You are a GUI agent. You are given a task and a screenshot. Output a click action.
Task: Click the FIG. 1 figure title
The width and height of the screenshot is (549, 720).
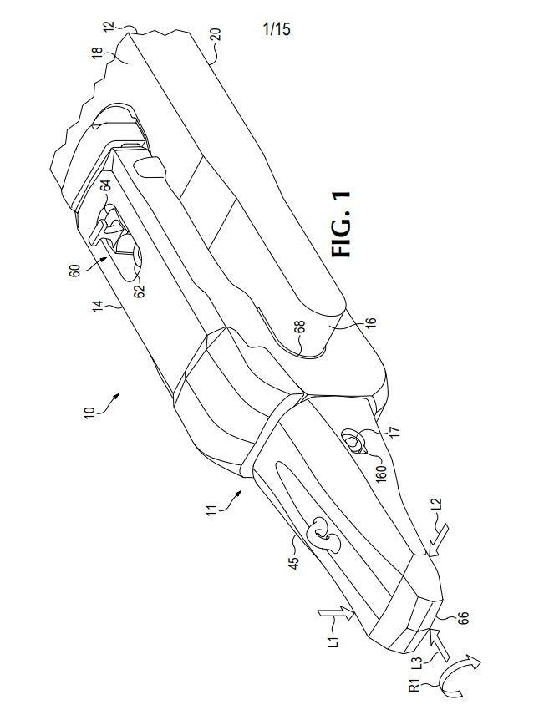(342, 224)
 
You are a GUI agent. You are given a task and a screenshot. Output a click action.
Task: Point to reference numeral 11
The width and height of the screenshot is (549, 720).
(211, 510)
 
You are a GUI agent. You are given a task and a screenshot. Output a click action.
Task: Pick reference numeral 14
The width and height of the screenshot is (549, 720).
(97, 307)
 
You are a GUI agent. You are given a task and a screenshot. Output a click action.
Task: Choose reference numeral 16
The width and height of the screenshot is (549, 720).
(372, 322)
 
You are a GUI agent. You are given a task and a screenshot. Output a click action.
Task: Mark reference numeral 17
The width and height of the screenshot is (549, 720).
(395, 432)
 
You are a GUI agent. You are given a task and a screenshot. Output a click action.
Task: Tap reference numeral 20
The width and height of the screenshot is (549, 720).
(215, 35)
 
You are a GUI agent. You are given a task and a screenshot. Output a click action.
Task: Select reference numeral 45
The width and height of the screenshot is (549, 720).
(293, 562)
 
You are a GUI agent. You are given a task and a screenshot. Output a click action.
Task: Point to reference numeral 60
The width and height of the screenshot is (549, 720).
(74, 270)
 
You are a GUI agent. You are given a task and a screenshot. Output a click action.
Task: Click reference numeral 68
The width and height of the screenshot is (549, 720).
(299, 327)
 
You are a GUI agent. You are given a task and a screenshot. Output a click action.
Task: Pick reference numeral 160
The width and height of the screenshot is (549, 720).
(381, 473)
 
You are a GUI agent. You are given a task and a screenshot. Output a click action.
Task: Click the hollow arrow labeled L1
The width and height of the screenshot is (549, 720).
(336, 612)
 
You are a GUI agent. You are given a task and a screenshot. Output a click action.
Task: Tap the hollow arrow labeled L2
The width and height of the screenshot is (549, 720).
(438, 537)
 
